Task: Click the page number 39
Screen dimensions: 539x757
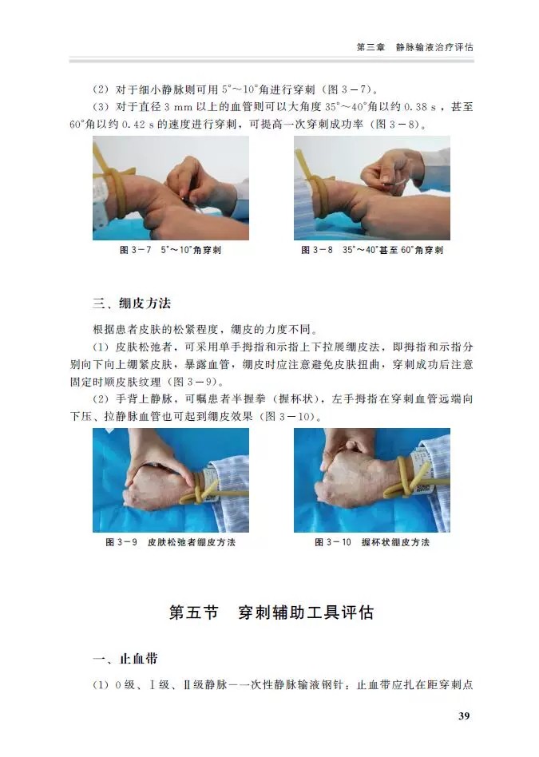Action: [x=464, y=715]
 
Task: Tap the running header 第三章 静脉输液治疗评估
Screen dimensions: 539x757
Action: [x=415, y=47]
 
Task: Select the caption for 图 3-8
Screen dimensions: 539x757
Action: [x=372, y=250]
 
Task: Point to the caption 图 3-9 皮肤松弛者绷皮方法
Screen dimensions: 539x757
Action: [x=171, y=542]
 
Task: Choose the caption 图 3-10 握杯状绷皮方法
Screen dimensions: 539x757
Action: [x=372, y=542]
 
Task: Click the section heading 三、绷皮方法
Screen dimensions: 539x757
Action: [x=132, y=303]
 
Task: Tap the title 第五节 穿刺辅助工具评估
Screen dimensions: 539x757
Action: [x=271, y=612]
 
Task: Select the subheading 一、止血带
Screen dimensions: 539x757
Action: [x=125, y=659]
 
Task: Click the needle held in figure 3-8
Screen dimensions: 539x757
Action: [x=394, y=183]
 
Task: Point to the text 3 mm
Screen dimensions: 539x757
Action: [x=178, y=107]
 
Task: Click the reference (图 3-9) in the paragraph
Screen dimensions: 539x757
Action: [x=195, y=382]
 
